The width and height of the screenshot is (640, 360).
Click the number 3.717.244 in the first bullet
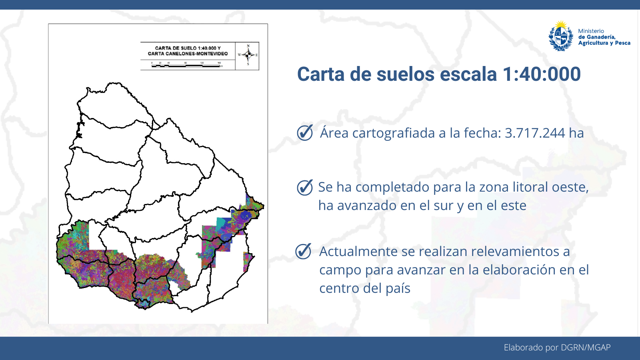(x=535, y=133)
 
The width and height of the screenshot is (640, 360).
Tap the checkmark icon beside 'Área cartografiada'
(x=305, y=132)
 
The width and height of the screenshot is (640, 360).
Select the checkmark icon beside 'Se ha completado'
(x=305, y=187)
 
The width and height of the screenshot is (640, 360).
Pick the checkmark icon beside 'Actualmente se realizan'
(x=303, y=251)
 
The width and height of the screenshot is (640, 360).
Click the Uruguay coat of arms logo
(x=561, y=36)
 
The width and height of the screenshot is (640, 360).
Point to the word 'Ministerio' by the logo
(x=591, y=31)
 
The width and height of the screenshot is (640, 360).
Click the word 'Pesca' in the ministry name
(x=622, y=43)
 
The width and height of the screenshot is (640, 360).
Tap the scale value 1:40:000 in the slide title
(x=541, y=74)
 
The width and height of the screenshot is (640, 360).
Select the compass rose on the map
(x=248, y=55)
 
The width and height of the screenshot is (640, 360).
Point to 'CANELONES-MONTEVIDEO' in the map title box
(x=196, y=54)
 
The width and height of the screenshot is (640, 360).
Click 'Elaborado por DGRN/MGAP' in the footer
(x=557, y=347)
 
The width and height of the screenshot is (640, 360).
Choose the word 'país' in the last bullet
(x=398, y=288)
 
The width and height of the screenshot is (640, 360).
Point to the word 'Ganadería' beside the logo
(x=600, y=37)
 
